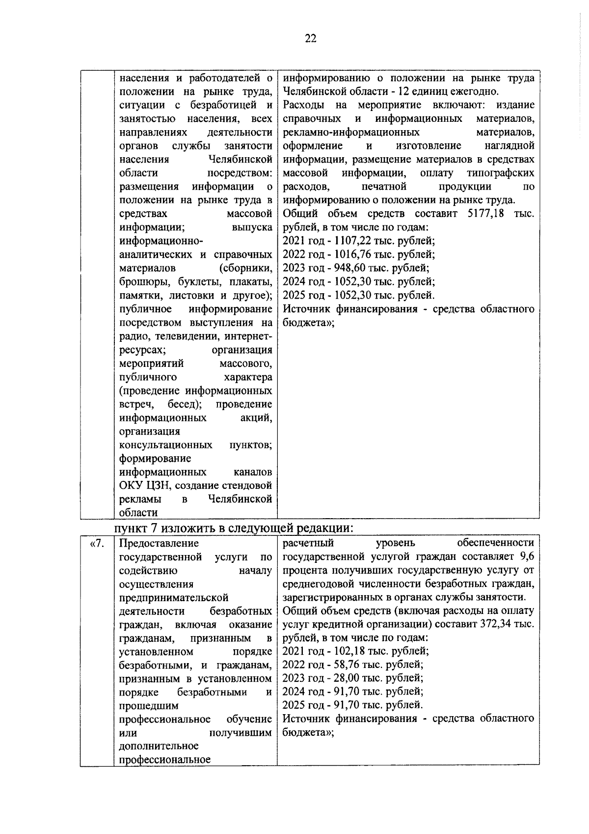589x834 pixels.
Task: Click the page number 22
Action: tap(311, 39)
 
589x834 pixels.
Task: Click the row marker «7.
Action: tap(97, 543)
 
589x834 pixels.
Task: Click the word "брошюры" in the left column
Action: tap(139, 282)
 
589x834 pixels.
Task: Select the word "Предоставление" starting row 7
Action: tap(159, 543)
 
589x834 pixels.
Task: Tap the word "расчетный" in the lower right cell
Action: tap(308, 543)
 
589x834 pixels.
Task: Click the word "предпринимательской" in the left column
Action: tap(174, 598)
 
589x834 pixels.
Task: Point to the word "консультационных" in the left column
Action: tap(166, 445)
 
